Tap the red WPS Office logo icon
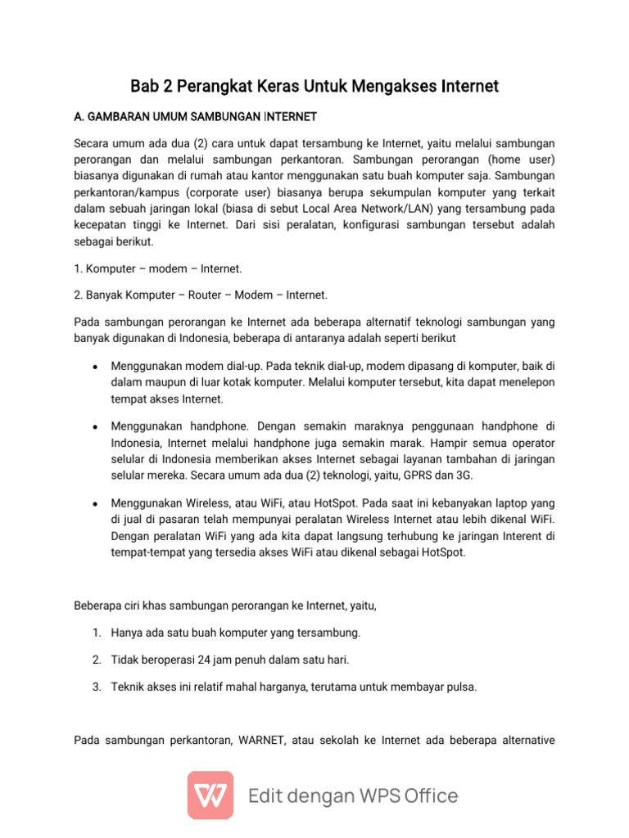coord(210,795)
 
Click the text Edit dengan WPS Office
coord(353,795)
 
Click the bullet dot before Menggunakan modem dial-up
coord(96,366)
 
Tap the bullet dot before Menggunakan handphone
coord(96,427)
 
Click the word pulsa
coord(459,687)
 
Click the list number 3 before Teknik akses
coord(96,687)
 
